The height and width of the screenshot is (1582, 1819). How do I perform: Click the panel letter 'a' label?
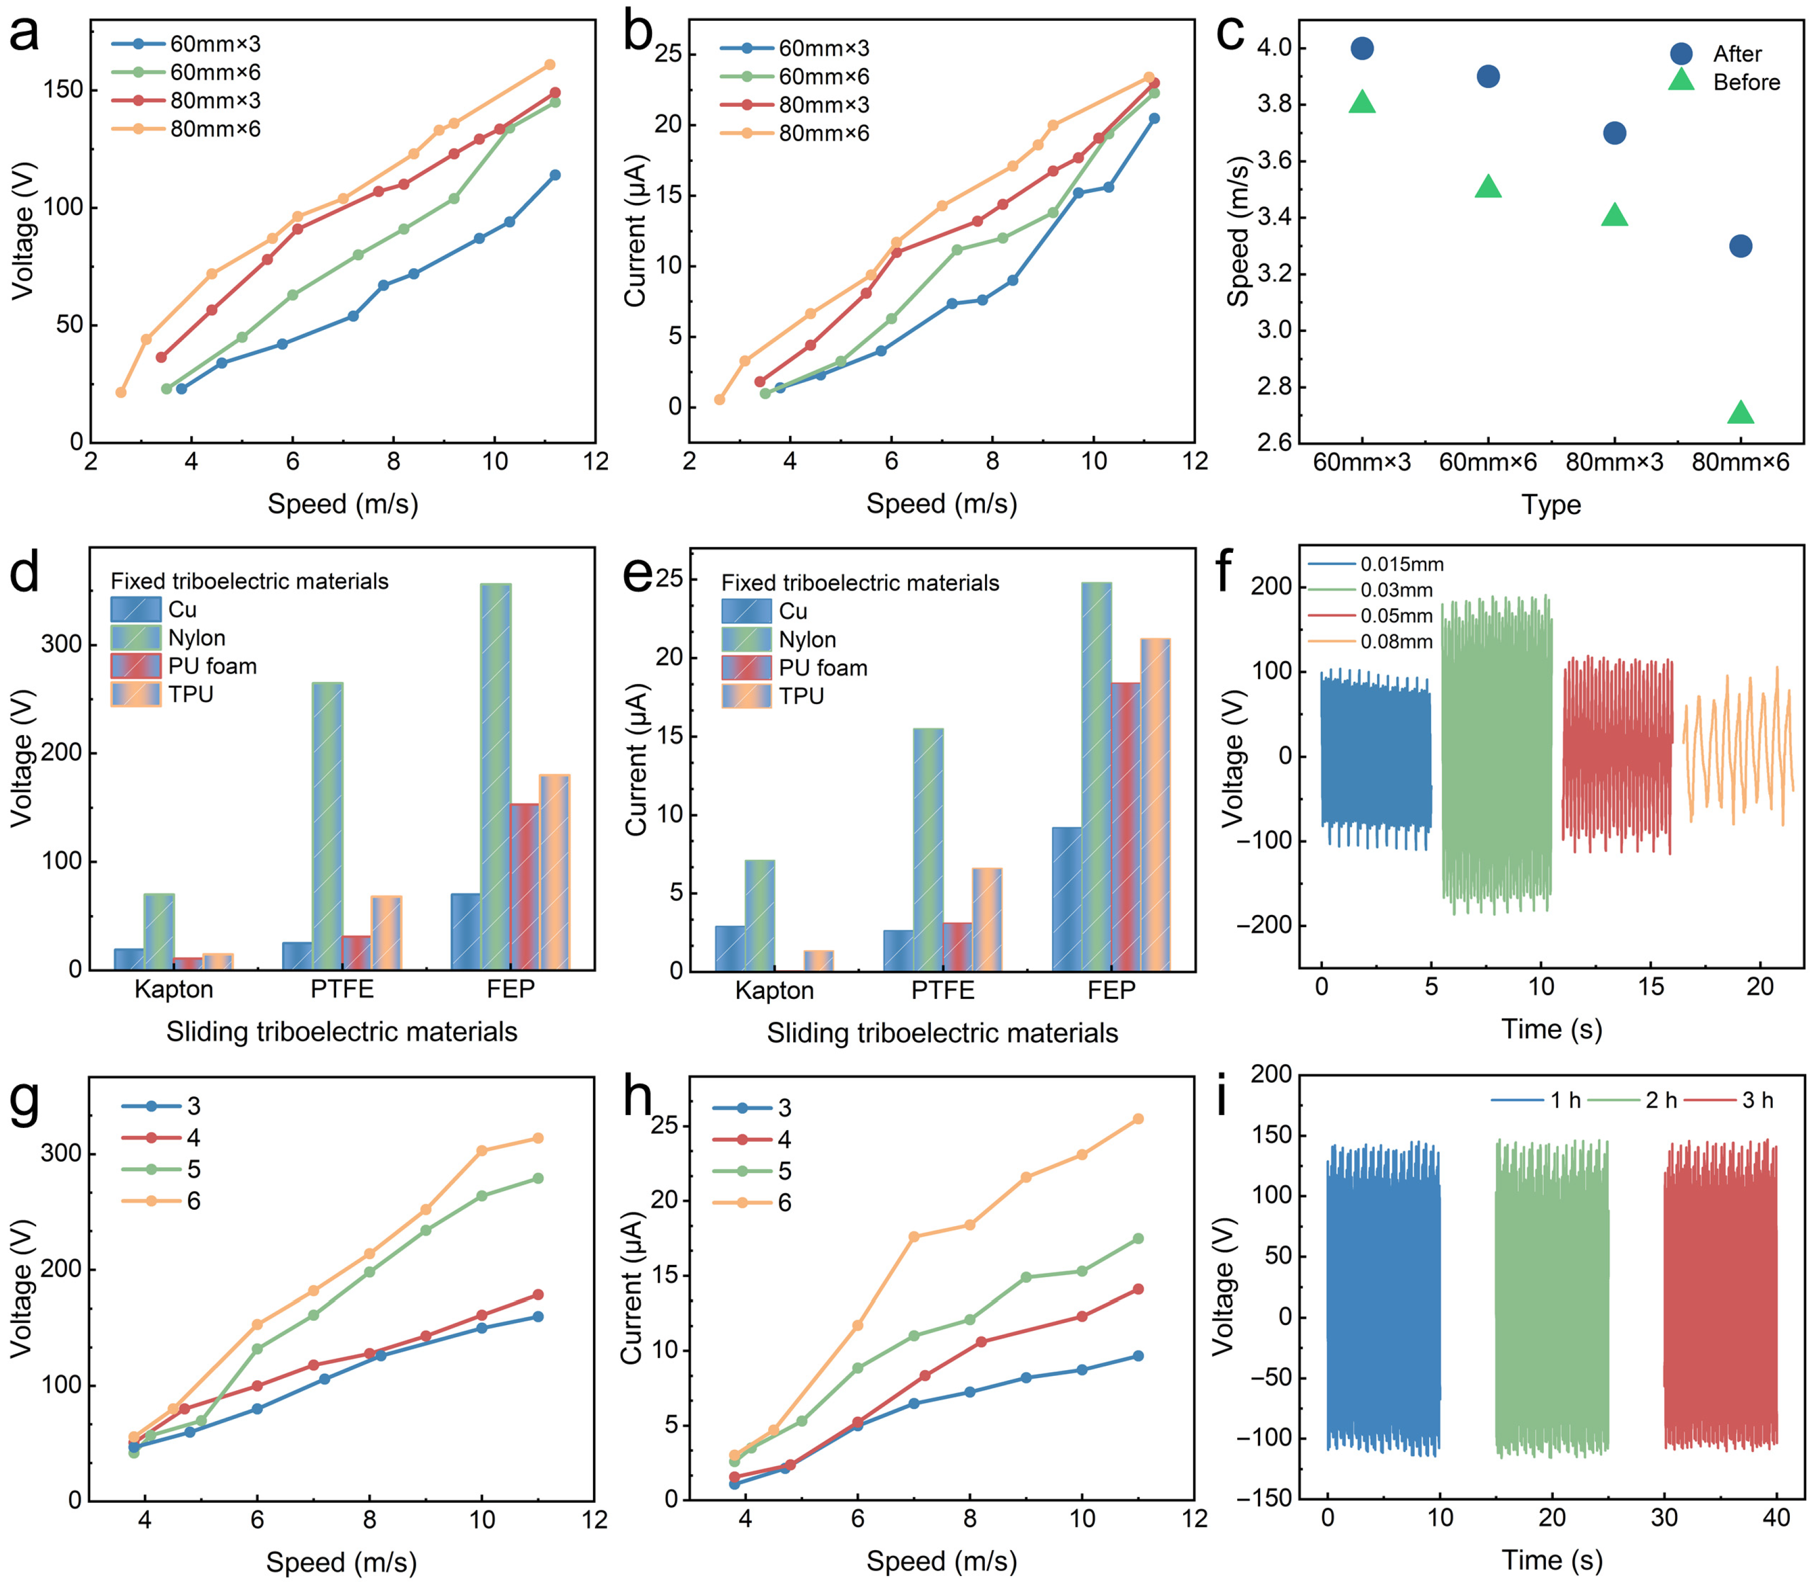tap(25, 35)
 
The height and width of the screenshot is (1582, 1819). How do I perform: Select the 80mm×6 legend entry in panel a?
tap(215, 129)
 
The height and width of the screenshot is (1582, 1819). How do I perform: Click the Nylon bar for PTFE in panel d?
tap(328, 825)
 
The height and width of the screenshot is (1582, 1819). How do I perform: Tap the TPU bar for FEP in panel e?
tap(1155, 803)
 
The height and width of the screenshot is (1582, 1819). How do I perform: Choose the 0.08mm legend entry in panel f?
tap(1396, 642)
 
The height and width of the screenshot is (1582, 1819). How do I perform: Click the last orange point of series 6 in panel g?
tap(538, 1139)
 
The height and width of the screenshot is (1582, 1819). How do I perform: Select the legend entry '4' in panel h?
tap(784, 1140)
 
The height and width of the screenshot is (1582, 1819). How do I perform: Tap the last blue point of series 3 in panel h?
tap(1138, 1356)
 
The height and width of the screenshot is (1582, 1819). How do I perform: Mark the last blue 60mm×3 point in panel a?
tap(555, 175)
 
